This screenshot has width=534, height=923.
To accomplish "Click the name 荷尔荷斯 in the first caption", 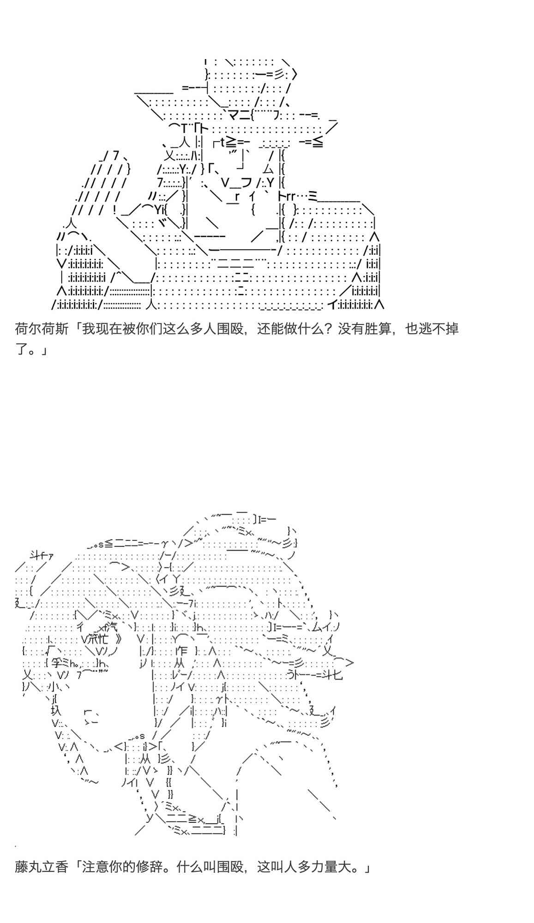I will click(42, 329).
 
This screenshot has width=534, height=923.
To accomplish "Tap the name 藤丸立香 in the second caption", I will click(42, 867).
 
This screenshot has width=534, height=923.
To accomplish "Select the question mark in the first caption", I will click(328, 329).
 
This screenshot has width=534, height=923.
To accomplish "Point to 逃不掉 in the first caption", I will click(439, 329).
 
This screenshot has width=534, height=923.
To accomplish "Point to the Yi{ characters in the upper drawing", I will click(160, 210).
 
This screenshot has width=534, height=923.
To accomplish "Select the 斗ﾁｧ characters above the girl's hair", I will click(40, 556).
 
